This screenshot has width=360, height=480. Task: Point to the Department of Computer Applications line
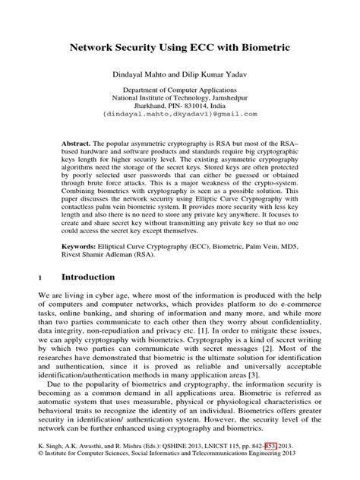click(x=180, y=90)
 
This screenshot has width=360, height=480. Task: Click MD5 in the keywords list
click(x=288, y=248)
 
